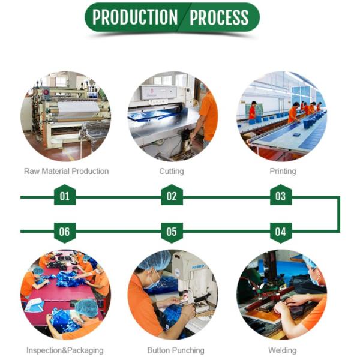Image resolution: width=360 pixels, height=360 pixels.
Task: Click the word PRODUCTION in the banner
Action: [135, 17]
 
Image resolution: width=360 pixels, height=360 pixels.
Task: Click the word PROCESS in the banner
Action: [219, 17]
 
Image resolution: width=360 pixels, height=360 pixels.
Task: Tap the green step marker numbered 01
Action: [65, 195]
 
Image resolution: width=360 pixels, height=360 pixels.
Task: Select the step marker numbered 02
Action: [172, 195]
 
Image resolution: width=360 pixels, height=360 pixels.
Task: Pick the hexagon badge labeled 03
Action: [281, 195]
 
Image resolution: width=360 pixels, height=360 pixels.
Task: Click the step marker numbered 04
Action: [281, 233]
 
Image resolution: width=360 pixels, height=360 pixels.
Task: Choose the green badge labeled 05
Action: [172, 233]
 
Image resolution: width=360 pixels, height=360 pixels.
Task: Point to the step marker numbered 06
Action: [65, 233]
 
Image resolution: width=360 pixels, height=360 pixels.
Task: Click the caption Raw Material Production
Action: [67, 171]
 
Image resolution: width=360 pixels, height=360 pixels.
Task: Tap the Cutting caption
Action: [172, 172]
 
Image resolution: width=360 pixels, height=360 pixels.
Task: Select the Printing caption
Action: [283, 172]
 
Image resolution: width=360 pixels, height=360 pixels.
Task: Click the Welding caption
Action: [283, 350]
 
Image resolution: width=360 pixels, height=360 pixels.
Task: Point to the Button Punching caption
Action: [176, 350]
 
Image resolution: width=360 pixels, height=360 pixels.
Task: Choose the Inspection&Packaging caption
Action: [65, 350]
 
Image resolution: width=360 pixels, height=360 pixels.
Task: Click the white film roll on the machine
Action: [78, 110]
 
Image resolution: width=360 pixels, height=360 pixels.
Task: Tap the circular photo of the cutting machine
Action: [173, 116]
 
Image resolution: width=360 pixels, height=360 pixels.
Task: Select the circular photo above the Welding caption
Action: [282, 295]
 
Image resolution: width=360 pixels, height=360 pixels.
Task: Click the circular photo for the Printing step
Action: [282, 116]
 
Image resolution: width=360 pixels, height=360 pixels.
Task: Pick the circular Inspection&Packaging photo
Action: [65, 295]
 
